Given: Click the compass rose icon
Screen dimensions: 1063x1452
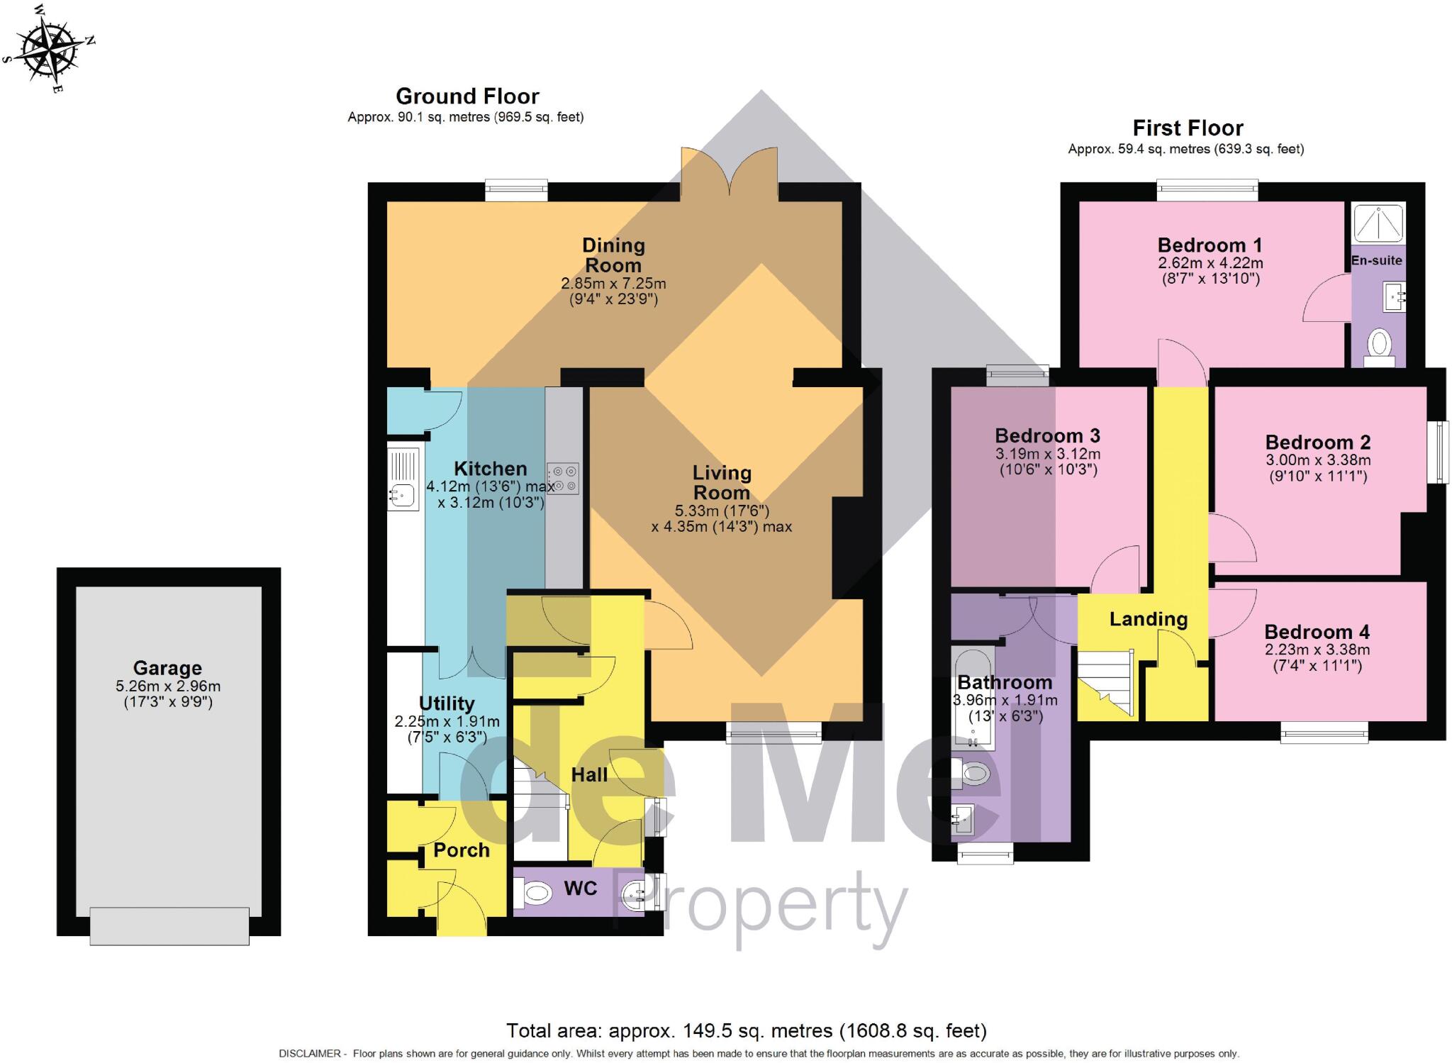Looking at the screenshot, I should [x=49, y=49].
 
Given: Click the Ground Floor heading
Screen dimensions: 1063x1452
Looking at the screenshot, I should [x=467, y=96].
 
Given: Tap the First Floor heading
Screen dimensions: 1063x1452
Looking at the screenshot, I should [x=1188, y=128].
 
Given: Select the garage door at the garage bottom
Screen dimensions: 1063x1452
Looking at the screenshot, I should [x=169, y=925].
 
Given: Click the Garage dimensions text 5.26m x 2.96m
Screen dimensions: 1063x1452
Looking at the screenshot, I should [x=168, y=686].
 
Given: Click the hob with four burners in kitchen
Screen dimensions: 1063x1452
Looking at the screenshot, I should [x=563, y=479].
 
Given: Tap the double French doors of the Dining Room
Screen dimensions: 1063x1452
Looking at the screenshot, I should [x=730, y=170].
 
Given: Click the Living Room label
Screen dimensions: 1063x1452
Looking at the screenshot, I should [x=722, y=482].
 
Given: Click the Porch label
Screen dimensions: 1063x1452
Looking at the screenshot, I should [x=462, y=850].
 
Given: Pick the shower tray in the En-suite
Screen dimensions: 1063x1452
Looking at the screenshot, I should [x=1378, y=223].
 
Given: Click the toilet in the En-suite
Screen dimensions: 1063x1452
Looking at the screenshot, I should [x=1378, y=346].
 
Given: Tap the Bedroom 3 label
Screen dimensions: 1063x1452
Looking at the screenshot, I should [x=1047, y=435].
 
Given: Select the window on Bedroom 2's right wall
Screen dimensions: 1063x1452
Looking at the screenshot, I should [x=1438, y=452].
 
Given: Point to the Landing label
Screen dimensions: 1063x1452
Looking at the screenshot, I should [x=1148, y=619].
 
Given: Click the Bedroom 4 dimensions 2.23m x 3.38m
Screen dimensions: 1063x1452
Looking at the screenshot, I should [x=1317, y=650].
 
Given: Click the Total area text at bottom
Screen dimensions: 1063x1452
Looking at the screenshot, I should [x=746, y=1030].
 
